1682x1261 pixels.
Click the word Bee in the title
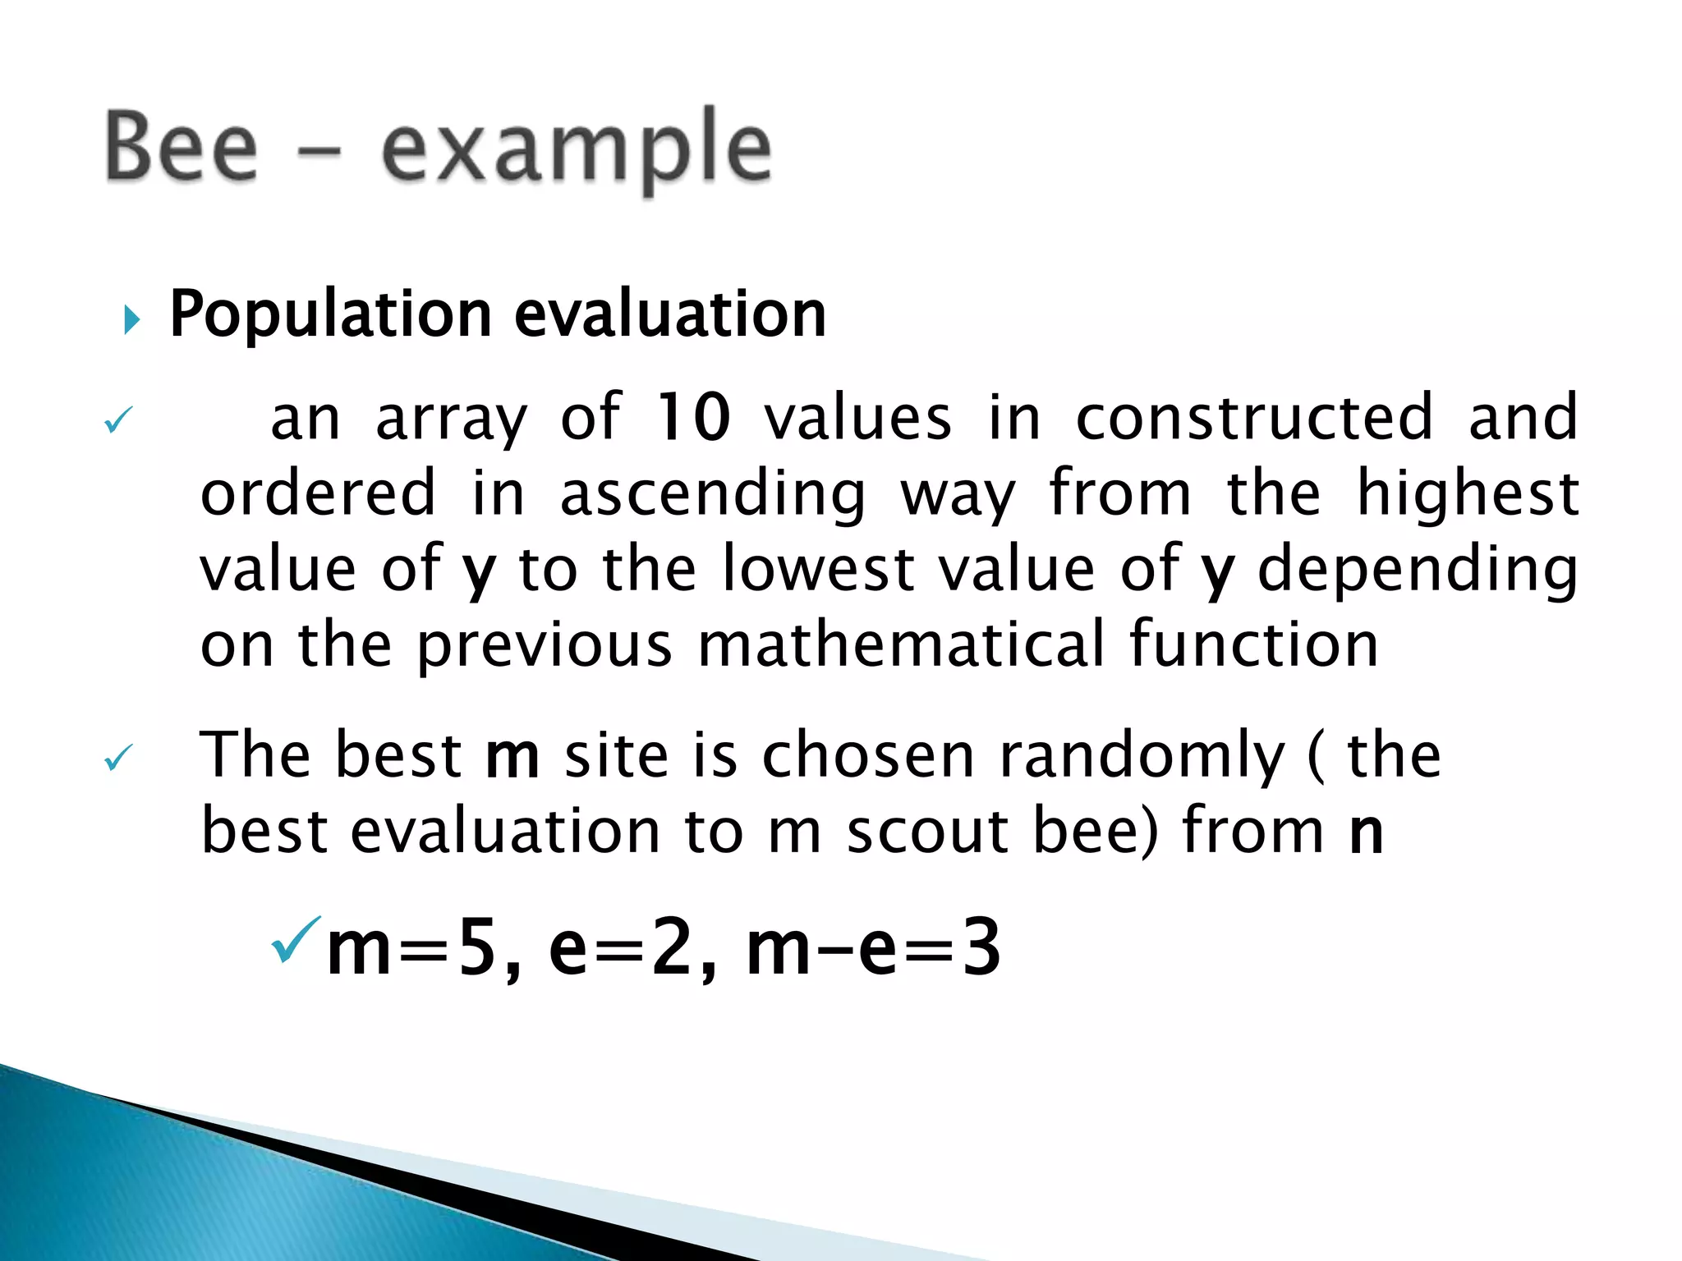point(182,148)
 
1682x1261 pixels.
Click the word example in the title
point(577,152)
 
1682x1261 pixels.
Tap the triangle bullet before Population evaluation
point(131,319)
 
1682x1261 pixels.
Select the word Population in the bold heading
point(330,315)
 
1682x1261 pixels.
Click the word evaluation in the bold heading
point(669,315)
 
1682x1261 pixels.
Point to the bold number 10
point(692,418)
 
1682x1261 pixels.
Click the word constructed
point(1254,418)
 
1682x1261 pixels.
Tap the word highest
point(1467,493)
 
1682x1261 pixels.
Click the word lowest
point(819,569)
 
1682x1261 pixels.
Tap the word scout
point(927,832)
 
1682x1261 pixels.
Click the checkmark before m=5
point(295,940)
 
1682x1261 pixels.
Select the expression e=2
point(623,949)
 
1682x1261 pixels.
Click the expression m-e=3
point(873,949)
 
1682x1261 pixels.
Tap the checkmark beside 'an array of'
point(118,421)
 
